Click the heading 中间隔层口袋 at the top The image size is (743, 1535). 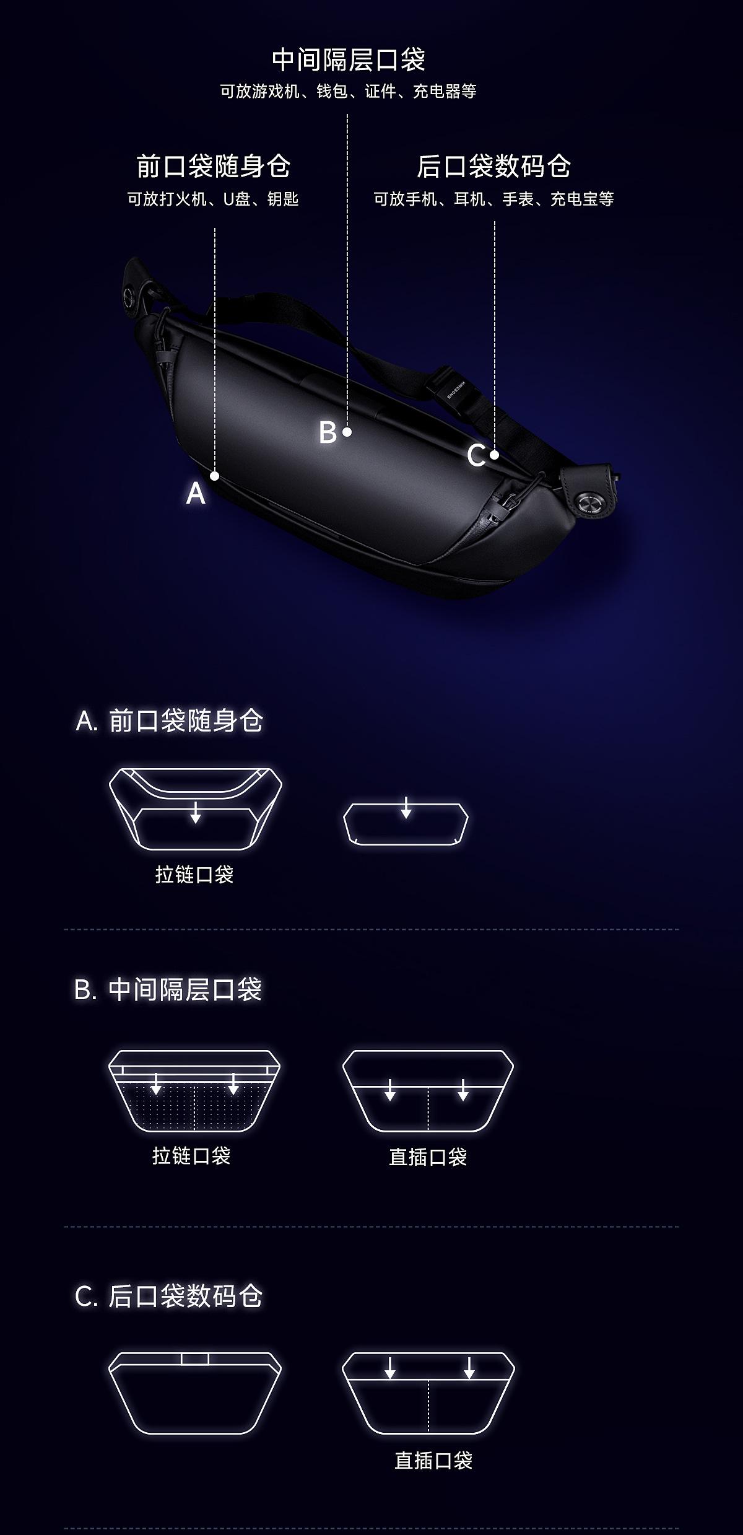(x=349, y=60)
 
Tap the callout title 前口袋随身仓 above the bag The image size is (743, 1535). (x=213, y=166)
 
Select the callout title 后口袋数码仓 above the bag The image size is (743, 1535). (x=493, y=166)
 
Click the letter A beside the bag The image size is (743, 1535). (x=196, y=494)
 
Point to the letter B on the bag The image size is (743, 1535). (x=328, y=432)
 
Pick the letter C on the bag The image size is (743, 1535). (x=476, y=457)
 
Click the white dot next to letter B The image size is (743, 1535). (x=347, y=432)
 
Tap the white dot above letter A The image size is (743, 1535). (x=215, y=476)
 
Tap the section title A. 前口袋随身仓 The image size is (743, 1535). (x=170, y=720)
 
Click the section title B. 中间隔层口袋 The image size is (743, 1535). (x=168, y=989)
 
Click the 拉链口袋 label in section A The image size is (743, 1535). (x=194, y=875)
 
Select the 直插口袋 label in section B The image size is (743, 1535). (x=428, y=1157)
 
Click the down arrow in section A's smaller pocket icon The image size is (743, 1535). (x=406, y=808)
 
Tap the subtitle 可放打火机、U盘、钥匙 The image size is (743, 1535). (x=213, y=199)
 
